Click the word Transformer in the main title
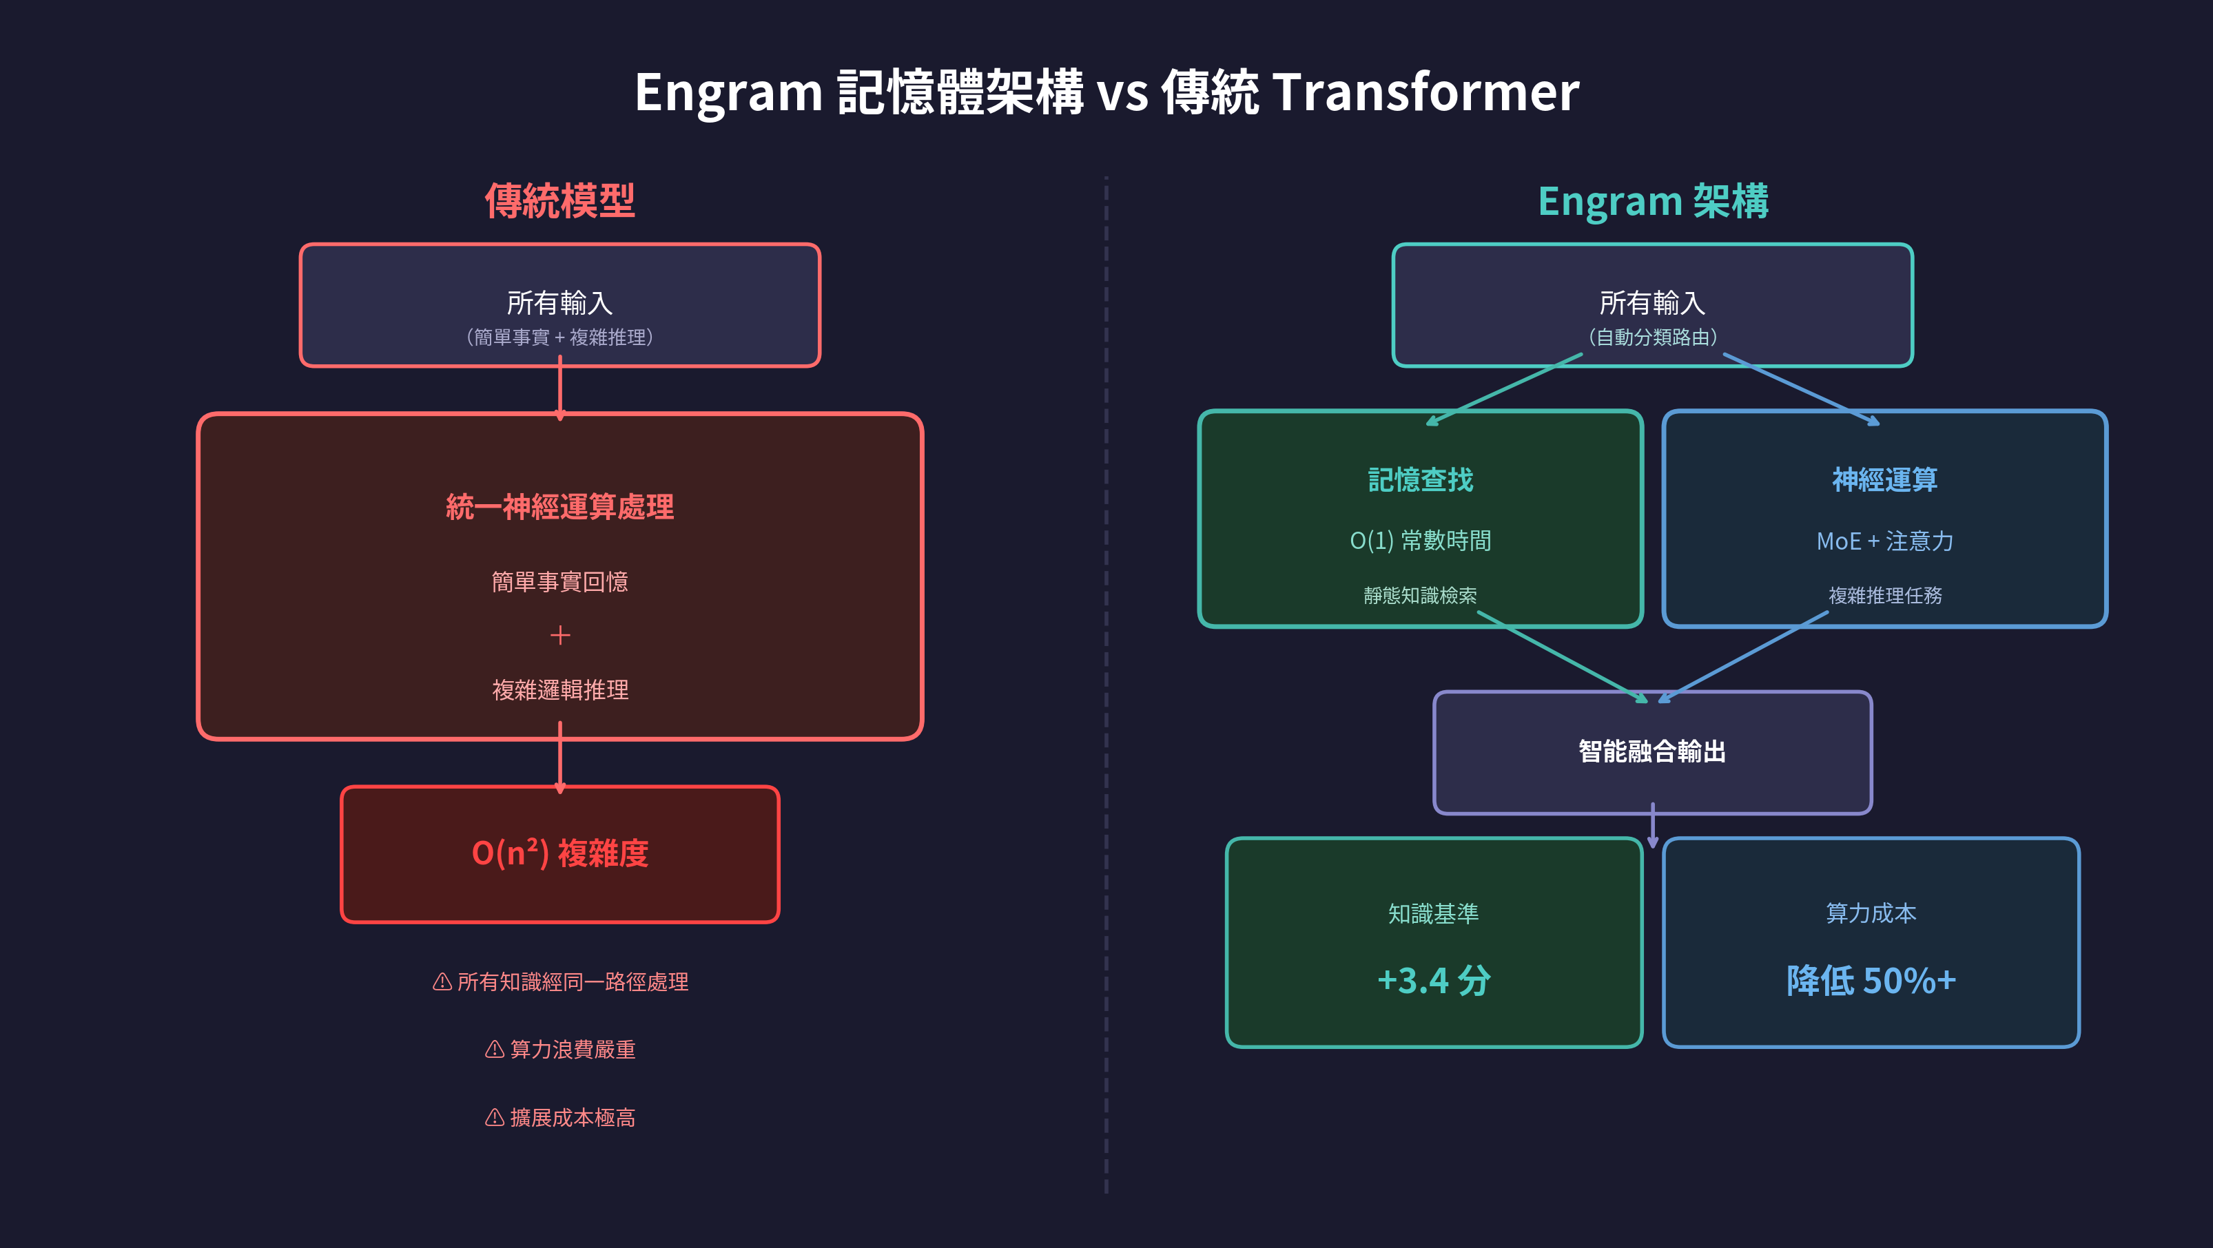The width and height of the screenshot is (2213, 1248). tap(1425, 93)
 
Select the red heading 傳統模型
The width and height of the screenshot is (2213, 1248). tap(560, 201)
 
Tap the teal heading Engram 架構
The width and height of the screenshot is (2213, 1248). tap(1653, 201)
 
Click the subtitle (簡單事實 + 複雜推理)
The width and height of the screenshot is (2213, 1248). tap(560, 337)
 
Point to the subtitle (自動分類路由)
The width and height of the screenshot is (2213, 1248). tap(1653, 337)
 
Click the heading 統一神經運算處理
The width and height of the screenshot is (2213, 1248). tap(560, 507)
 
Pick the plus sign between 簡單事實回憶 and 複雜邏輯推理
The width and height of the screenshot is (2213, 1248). tap(560, 635)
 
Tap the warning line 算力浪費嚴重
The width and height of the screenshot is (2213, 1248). tap(572, 1050)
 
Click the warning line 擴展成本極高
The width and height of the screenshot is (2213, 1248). tap(572, 1117)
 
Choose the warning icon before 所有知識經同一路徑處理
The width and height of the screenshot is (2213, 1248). tap(442, 981)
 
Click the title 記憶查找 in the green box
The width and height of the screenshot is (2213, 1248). tap(1420, 479)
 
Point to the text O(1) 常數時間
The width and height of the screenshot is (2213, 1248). tap(1420, 540)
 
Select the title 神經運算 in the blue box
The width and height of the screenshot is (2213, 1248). tap(1885, 479)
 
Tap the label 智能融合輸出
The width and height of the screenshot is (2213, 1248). tap(1652, 751)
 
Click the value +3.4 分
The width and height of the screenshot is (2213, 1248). tap(1434, 980)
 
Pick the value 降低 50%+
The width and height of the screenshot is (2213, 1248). tap(1871, 980)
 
